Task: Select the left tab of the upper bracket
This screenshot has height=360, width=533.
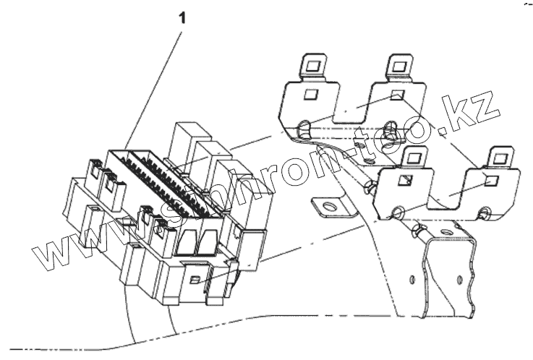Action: click(x=312, y=66)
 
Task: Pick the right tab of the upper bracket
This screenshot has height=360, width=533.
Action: click(x=397, y=66)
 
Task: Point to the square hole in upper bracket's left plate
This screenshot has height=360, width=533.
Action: click(x=310, y=95)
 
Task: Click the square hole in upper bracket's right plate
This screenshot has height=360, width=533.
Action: click(x=396, y=96)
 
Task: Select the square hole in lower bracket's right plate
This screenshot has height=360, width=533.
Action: click(x=492, y=181)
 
